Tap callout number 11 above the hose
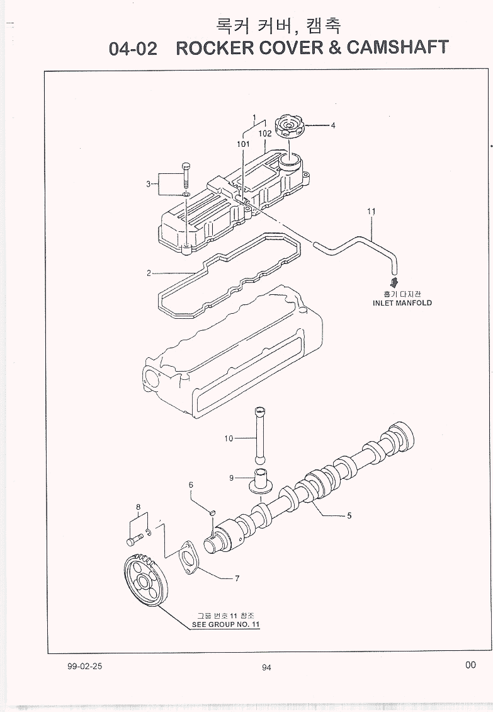coord(371,212)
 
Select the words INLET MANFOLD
coord(402,303)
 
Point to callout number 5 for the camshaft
coord(349,515)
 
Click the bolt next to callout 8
coord(133,541)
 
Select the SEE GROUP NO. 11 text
coord(226,625)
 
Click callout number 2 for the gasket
coord(149,273)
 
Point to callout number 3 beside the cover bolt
coord(149,184)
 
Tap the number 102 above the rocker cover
coord(264,134)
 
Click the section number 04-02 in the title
coord(133,49)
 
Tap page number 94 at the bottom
coord(266,669)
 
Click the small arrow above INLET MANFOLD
coord(394,282)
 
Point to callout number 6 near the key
coord(191,485)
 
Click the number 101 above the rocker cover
coord(244,144)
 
